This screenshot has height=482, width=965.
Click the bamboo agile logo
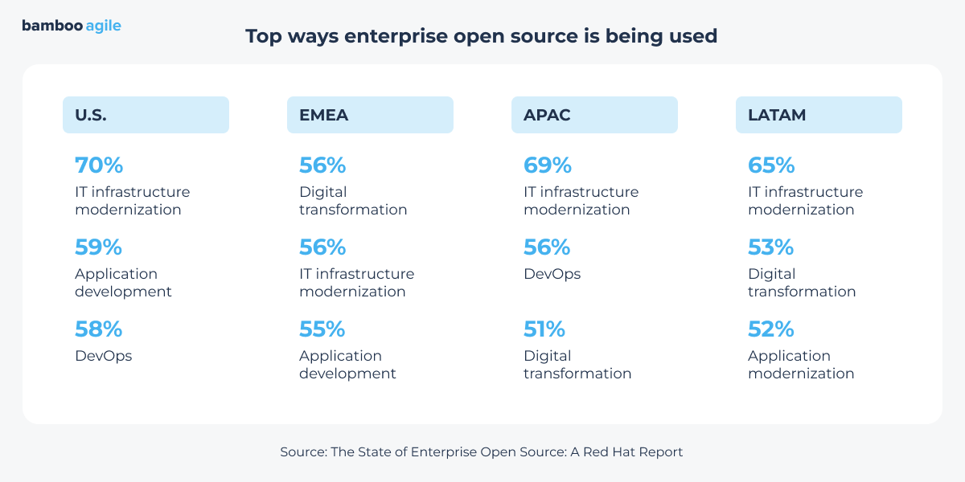pyautogui.click(x=72, y=26)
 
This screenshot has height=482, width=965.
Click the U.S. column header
pyautogui.click(x=146, y=115)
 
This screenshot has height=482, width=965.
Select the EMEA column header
pyautogui.click(x=370, y=115)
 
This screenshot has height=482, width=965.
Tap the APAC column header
pyautogui.click(x=594, y=115)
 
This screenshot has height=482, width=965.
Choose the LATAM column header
pyautogui.click(x=819, y=115)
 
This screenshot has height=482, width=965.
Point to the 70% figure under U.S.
pyautogui.click(x=99, y=165)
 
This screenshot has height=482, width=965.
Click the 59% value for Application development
pyautogui.click(x=99, y=247)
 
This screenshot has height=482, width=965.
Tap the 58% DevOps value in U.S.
pyautogui.click(x=99, y=329)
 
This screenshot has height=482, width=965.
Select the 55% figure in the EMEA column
pyautogui.click(x=322, y=329)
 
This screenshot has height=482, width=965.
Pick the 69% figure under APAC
pyautogui.click(x=548, y=165)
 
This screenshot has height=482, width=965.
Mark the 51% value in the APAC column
pyautogui.click(x=544, y=329)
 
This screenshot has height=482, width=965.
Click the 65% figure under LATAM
pyautogui.click(x=771, y=165)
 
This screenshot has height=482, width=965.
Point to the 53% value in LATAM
pyautogui.click(x=771, y=247)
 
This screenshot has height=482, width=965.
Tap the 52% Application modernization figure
pyautogui.click(x=771, y=329)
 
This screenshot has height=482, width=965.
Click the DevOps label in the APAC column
pyautogui.click(x=552, y=274)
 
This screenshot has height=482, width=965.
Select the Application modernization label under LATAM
pyautogui.click(x=801, y=365)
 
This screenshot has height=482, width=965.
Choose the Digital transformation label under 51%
pyautogui.click(x=577, y=365)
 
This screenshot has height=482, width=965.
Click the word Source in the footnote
pyautogui.click(x=303, y=452)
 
